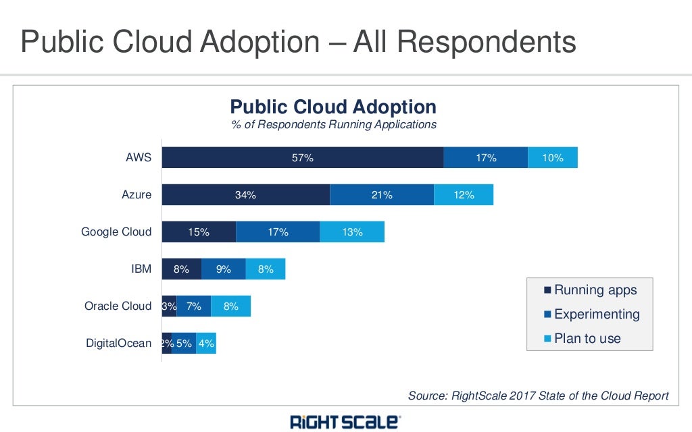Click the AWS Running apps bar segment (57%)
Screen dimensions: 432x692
tap(302, 158)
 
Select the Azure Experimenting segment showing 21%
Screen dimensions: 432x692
tap(382, 195)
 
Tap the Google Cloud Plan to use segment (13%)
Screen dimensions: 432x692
tap(352, 232)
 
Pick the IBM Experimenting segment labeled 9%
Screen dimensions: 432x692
tap(224, 269)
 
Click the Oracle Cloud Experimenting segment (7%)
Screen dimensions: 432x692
tap(194, 306)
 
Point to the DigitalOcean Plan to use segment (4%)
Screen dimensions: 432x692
tap(206, 344)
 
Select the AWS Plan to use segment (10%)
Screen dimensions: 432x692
tap(553, 158)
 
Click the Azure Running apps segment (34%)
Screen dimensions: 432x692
tap(245, 195)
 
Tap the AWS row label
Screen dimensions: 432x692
tap(139, 158)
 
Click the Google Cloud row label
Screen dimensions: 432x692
tap(116, 232)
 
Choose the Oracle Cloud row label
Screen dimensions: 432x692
tap(118, 306)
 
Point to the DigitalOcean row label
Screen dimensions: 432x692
tap(119, 344)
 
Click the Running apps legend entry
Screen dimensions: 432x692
tap(595, 290)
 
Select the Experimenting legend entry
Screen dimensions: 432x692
tap(596, 315)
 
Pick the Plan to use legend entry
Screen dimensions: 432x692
tap(587, 339)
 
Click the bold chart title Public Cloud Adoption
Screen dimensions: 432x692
tap(333, 107)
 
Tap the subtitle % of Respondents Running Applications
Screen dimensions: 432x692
tap(334, 125)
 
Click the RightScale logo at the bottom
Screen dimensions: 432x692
tap(345, 423)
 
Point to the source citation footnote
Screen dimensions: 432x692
tap(538, 396)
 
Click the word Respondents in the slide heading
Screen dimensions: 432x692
tap(486, 42)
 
